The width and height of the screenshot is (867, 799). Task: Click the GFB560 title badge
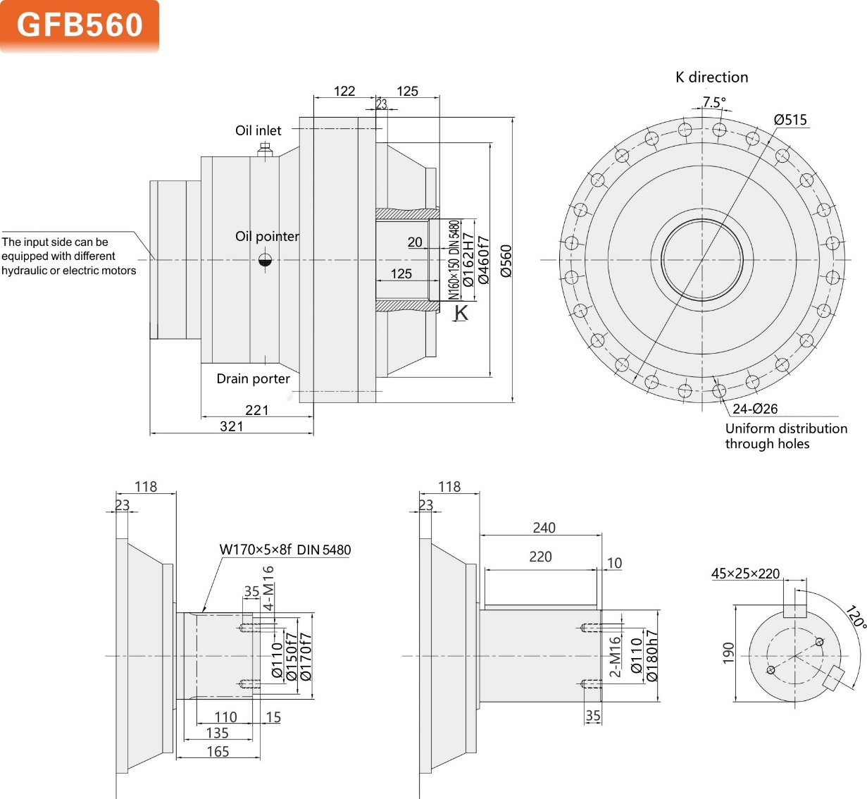point(80,25)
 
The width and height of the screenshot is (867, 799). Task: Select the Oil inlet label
point(258,130)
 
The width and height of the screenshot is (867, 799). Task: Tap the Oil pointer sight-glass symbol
point(265,261)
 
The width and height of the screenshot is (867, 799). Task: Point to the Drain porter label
point(253,379)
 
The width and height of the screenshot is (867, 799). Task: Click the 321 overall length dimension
point(232,426)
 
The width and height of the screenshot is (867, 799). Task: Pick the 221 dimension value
point(257,410)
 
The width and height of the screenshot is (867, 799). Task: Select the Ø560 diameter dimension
point(506,261)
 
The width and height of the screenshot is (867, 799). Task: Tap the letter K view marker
point(461,312)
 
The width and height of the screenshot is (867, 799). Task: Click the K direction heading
point(711,78)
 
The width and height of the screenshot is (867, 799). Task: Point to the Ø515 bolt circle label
point(790,120)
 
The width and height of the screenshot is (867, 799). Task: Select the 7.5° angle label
point(713,102)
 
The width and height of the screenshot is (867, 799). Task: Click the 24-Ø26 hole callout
point(755,409)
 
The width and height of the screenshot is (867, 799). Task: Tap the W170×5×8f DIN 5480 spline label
point(285,550)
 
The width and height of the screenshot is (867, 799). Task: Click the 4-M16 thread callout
point(268,588)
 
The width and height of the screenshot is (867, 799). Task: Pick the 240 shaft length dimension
point(544,528)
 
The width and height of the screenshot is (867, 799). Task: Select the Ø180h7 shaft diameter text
point(652,655)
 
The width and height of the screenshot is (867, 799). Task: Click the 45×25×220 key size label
point(745,574)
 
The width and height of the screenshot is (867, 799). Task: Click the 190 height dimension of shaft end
point(728,652)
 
